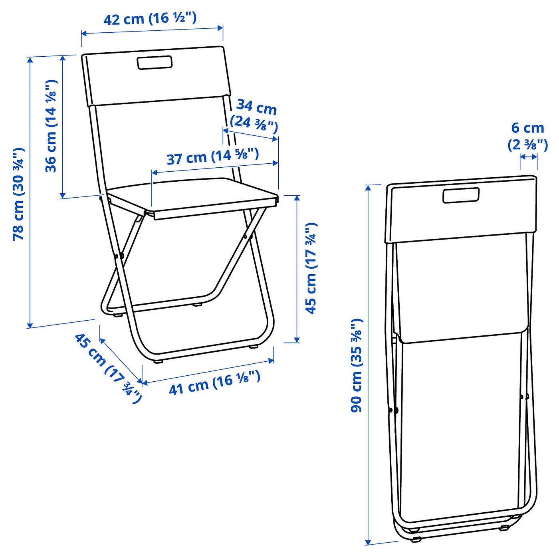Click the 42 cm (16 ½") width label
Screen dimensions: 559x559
click(150, 18)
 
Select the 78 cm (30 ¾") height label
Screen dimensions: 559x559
click(19, 194)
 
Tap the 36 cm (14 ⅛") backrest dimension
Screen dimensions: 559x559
click(51, 126)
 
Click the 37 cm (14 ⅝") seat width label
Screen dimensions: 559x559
click(212, 156)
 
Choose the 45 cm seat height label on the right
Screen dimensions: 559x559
click(311, 268)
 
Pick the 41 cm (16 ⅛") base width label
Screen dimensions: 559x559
click(214, 383)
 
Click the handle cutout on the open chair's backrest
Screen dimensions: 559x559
click(155, 63)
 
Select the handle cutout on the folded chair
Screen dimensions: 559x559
click(461, 195)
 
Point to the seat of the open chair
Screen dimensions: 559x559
click(192, 196)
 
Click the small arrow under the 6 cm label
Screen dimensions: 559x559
click(529, 157)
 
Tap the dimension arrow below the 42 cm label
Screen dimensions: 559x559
click(152, 31)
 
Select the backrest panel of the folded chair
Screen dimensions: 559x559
click(461, 212)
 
